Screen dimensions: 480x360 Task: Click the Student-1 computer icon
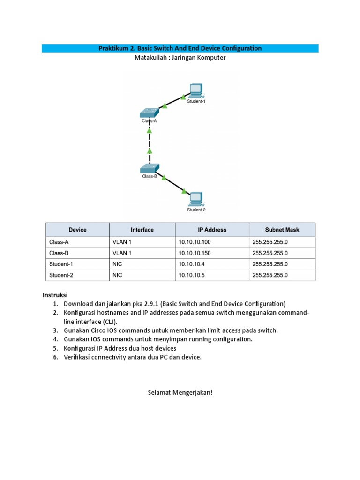click(195, 90)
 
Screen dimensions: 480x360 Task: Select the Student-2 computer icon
click(195, 199)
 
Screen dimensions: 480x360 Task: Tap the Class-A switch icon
click(150, 113)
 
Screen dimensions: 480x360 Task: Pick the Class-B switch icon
click(150, 169)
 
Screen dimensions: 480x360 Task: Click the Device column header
click(77, 230)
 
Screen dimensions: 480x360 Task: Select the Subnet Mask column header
click(282, 230)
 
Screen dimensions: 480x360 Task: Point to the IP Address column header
click(212, 230)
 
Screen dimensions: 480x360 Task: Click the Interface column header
click(142, 230)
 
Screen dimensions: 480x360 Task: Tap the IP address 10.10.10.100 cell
click(195, 242)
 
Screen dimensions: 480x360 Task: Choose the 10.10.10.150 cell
click(195, 253)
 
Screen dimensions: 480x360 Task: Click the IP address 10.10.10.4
click(192, 264)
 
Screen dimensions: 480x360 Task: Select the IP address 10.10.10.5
click(192, 275)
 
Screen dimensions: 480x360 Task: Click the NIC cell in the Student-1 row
click(117, 264)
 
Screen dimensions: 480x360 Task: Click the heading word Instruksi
click(55, 295)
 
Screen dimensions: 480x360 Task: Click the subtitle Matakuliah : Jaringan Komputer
click(180, 58)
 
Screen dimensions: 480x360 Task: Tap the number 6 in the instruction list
click(55, 357)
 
